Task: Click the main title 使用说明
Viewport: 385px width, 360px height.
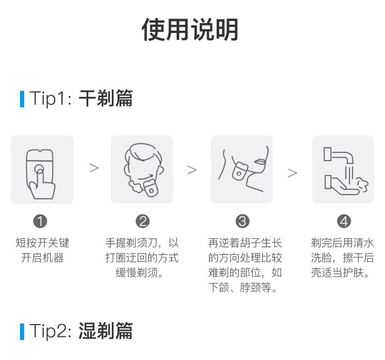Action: (190, 29)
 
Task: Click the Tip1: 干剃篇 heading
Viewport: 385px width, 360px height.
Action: (81, 99)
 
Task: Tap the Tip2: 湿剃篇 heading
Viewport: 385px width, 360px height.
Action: (81, 331)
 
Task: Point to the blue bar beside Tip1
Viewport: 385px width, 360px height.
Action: (22, 99)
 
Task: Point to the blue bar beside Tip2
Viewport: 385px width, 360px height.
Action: (22, 332)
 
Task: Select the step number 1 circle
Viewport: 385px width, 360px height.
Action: (40, 221)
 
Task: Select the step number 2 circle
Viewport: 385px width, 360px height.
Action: (142, 221)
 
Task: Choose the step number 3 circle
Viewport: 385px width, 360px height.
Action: (242, 221)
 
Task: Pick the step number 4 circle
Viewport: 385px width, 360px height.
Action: (344, 221)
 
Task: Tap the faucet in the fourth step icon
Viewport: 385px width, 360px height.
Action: (338, 155)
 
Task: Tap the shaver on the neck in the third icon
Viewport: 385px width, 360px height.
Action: (239, 172)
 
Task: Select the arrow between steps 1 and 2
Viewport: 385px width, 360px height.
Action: (94, 168)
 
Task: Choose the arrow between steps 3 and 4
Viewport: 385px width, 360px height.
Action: (292, 173)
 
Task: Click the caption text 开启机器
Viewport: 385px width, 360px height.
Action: (43, 258)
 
